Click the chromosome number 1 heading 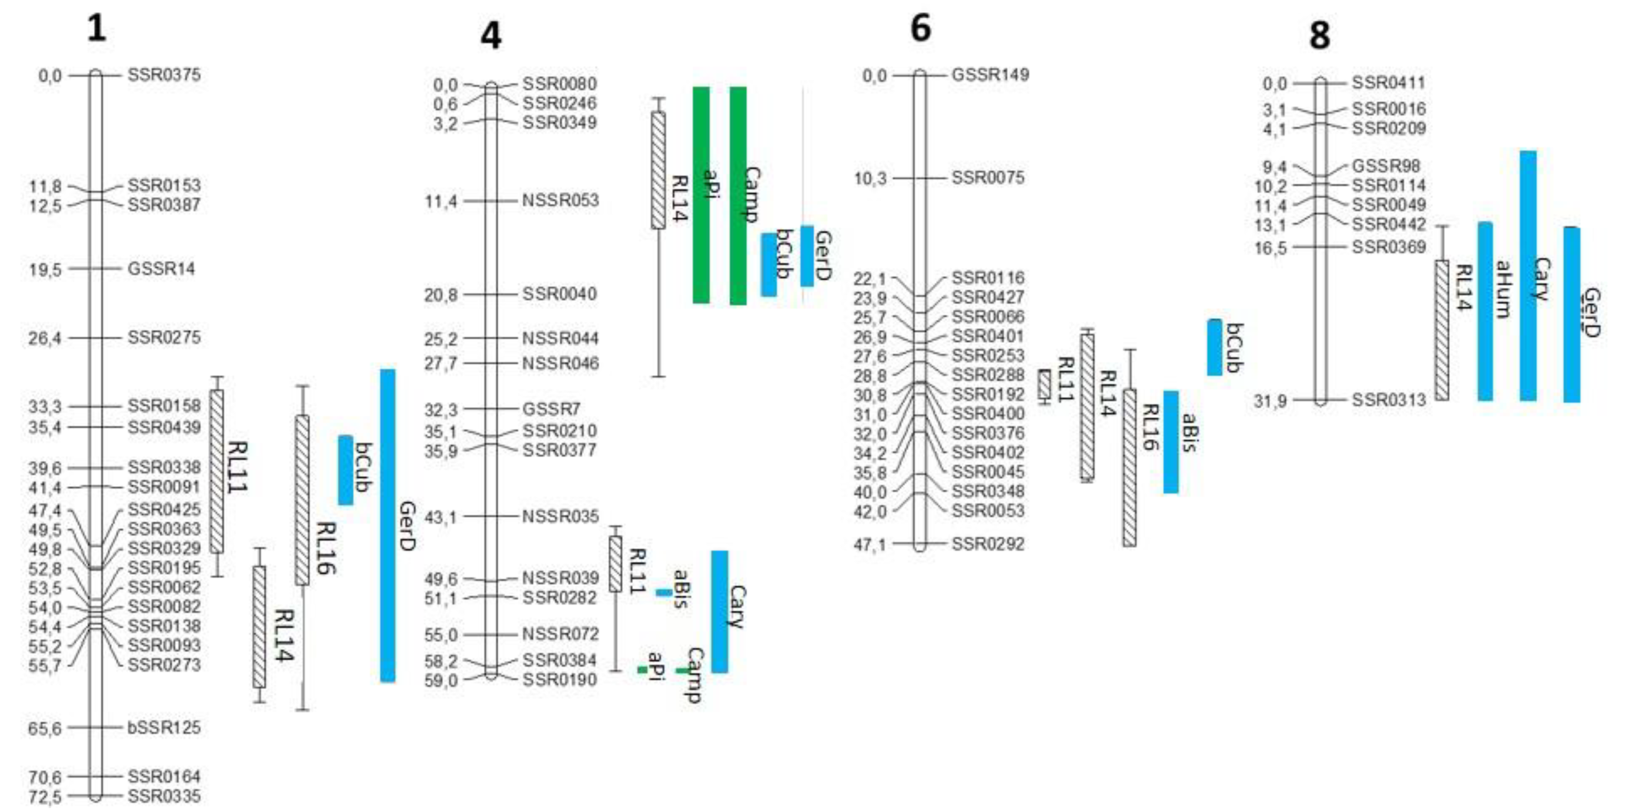point(96,29)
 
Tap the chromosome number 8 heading point(1319,36)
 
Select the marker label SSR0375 point(164,75)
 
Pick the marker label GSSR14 point(161,269)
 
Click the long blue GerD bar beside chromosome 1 point(388,525)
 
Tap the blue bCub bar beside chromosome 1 point(345,470)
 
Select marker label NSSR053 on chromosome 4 point(560,201)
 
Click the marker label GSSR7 point(551,409)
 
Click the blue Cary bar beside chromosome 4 point(720,611)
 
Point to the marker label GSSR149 point(990,75)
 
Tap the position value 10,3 point(870,179)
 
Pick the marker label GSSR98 point(1386,167)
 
